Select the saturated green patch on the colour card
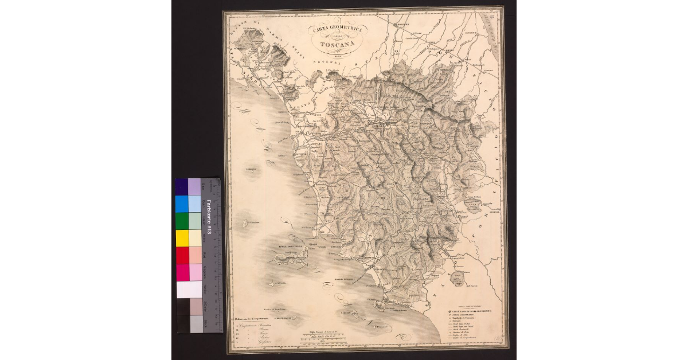pyautogui.click(x=182, y=221)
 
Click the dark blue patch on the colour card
pyautogui.click(x=182, y=186)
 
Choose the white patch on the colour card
pyautogui.click(x=189, y=289)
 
